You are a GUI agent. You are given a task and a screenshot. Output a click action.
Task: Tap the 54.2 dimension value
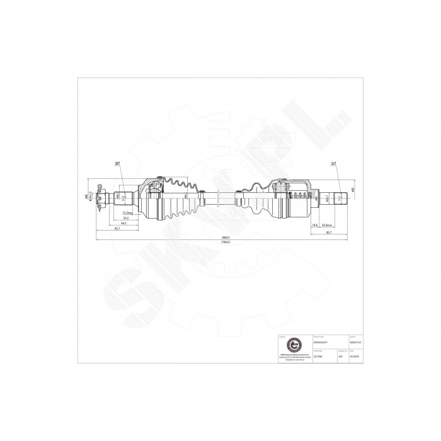tap(125, 219)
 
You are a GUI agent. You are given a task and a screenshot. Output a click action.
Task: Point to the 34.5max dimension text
tap(327, 224)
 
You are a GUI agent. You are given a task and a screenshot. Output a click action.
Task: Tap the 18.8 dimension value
tap(314, 224)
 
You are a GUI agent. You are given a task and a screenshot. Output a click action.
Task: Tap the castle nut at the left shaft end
tap(101, 198)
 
